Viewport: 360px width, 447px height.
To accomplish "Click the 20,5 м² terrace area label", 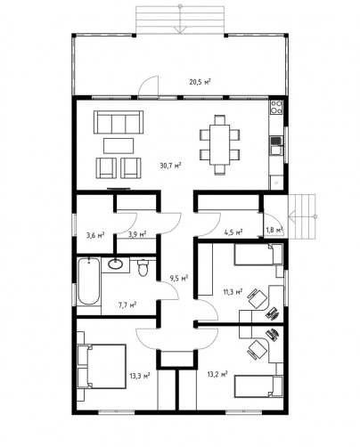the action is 200,82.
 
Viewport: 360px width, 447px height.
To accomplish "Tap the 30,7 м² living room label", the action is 170,166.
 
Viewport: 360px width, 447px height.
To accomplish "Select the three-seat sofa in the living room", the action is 119,122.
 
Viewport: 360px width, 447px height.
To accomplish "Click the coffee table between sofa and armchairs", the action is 119,146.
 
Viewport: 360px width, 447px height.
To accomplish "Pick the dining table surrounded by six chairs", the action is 220,144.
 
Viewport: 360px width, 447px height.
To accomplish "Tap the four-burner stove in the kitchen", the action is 276,107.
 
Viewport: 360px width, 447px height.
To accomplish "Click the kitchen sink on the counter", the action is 276,145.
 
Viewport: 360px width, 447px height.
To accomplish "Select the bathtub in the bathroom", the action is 89,281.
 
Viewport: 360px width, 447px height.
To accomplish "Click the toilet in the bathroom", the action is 143,267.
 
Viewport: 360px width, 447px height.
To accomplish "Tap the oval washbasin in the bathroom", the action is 116,264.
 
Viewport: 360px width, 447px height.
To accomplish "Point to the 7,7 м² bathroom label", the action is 127,305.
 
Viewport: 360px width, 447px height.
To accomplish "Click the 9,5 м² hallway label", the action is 179,278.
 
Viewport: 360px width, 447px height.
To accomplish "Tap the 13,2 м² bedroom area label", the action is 217,374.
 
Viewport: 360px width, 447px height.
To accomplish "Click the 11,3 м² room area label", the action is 233,292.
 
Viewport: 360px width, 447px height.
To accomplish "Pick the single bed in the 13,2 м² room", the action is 258,386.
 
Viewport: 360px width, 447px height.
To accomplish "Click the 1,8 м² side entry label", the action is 274,230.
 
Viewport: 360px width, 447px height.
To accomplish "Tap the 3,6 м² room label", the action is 95,235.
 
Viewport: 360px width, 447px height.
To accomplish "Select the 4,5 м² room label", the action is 233,232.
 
